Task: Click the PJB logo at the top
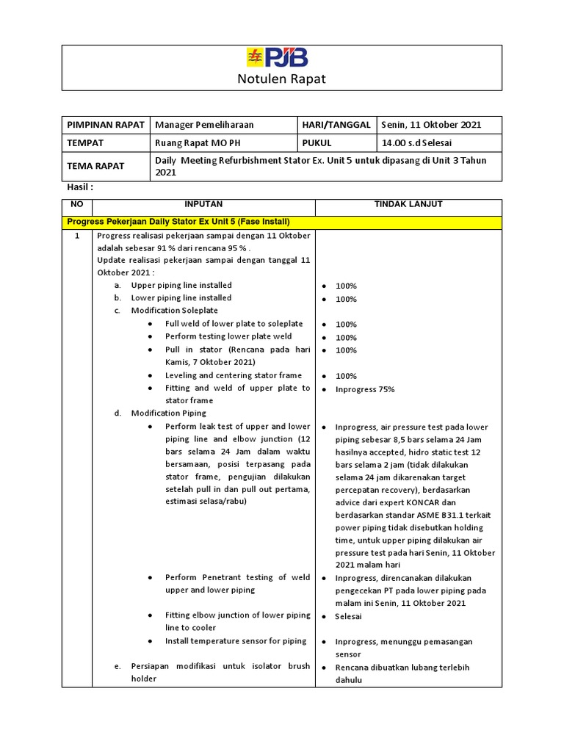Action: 278,58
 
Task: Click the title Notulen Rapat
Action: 282,79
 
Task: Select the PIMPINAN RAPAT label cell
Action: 105,125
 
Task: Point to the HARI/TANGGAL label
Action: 336,125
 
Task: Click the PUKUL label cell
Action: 317,143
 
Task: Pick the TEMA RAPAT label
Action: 96,167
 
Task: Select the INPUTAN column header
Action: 204,204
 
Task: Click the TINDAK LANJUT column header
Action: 408,204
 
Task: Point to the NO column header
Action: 78,204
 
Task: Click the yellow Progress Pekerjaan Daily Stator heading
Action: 178,221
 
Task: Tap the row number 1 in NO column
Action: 77,236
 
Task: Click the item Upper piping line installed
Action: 181,285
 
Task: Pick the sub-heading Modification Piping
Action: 169,413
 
